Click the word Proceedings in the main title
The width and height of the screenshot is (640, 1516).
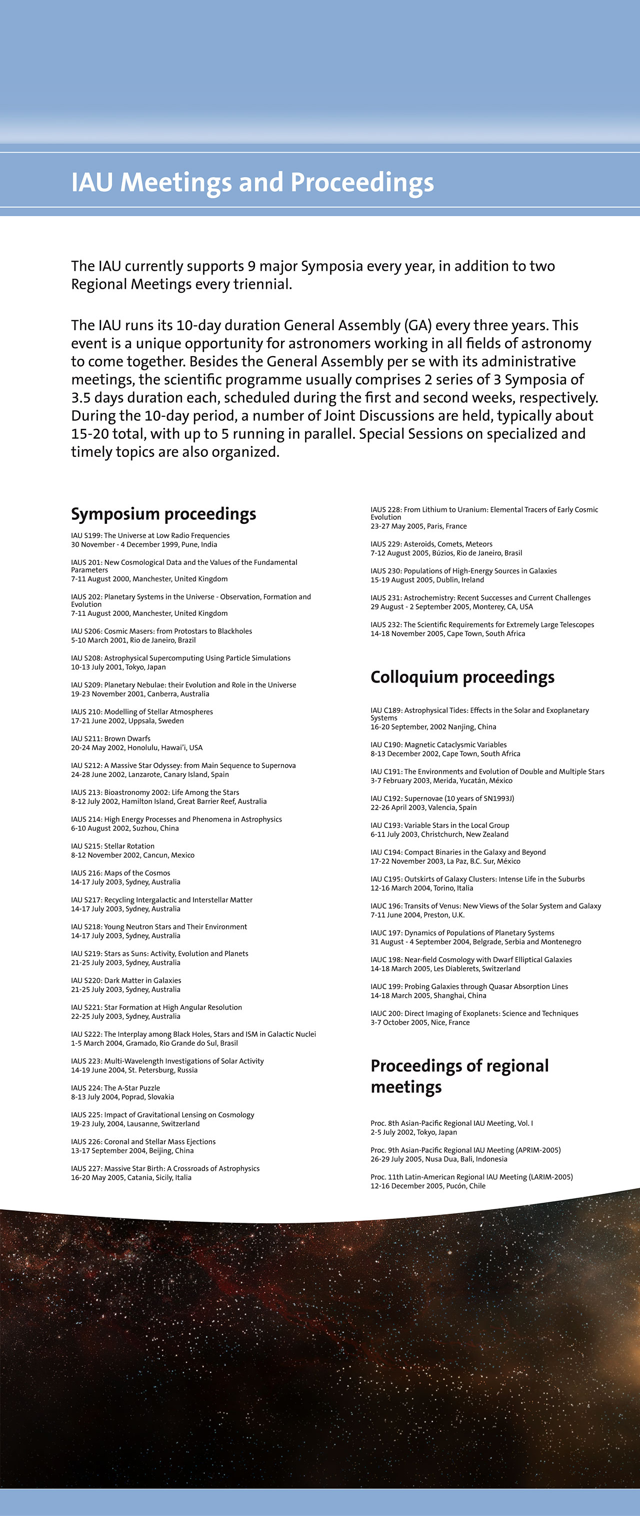pos(362,183)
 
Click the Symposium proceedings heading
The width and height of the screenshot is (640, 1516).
pos(163,514)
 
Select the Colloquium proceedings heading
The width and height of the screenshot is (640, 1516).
pos(462,677)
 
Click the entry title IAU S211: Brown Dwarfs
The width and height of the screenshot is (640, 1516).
pos(110,738)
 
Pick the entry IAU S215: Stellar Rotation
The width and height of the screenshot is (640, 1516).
pos(113,846)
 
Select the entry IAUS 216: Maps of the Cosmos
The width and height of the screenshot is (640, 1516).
pos(120,874)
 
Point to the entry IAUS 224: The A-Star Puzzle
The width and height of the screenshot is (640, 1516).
pos(115,1088)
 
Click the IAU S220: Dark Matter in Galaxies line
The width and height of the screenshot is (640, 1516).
pos(126,981)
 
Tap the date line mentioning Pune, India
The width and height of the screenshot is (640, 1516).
pos(144,545)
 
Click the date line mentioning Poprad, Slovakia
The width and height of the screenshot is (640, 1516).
pos(122,1097)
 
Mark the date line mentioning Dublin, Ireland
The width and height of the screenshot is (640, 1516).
pos(427,580)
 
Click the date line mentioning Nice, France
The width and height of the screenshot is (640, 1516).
pos(420,1023)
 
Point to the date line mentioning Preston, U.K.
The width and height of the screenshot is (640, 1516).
pos(417,915)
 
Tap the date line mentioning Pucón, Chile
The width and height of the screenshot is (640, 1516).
pos(427,1186)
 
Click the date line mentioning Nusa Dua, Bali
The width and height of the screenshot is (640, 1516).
pos(439,1159)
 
